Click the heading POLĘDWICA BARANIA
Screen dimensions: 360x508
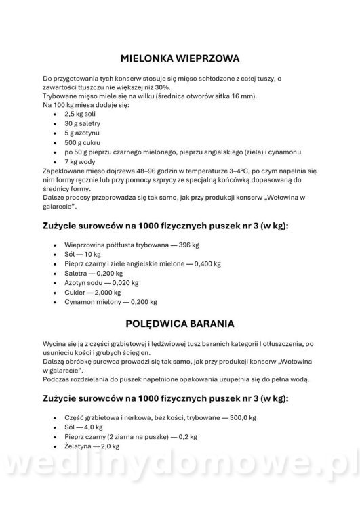tap(180, 323)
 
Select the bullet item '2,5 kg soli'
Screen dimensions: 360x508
tap(81, 114)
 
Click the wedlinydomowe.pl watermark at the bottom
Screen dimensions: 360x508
tap(180, 477)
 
